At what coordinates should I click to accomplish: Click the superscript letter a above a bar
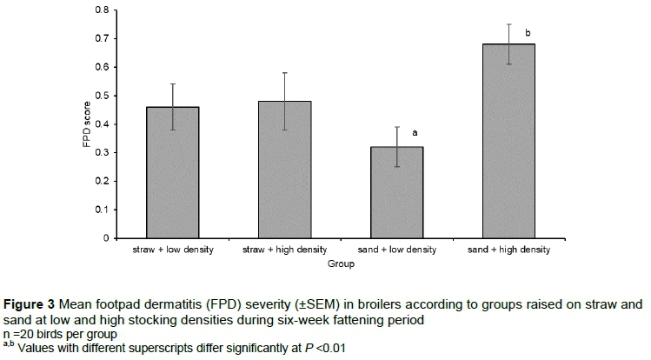(x=415, y=133)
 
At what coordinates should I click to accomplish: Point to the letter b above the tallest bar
(x=527, y=34)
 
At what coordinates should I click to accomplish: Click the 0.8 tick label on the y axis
(x=103, y=10)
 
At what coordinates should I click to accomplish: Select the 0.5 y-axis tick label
(x=103, y=96)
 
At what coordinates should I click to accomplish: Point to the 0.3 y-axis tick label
(x=103, y=152)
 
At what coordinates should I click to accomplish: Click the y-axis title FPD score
(x=87, y=124)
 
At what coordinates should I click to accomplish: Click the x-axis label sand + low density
(x=397, y=250)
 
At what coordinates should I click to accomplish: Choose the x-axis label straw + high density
(x=285, y=250)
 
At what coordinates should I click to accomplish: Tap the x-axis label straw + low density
(x=173, y=250)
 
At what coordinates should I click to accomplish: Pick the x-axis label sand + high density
(x=509, y=250)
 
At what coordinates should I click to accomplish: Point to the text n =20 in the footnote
(x=17, y=333)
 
